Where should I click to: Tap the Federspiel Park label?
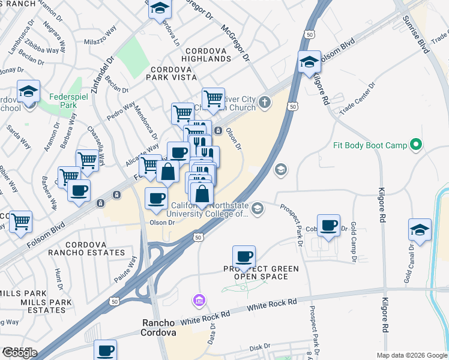(x=61, y=100)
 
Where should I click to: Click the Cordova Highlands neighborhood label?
(x=208, y=51)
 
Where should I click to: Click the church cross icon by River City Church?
(x=265, y=103)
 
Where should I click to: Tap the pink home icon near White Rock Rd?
(x=199, y=299)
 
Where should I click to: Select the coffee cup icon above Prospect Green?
(x=244, y=256)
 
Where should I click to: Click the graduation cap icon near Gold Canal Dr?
(x=420, y=229)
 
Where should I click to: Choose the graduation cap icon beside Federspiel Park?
(x=28, y=91)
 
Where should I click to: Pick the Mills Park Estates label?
(x=41, y=301)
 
